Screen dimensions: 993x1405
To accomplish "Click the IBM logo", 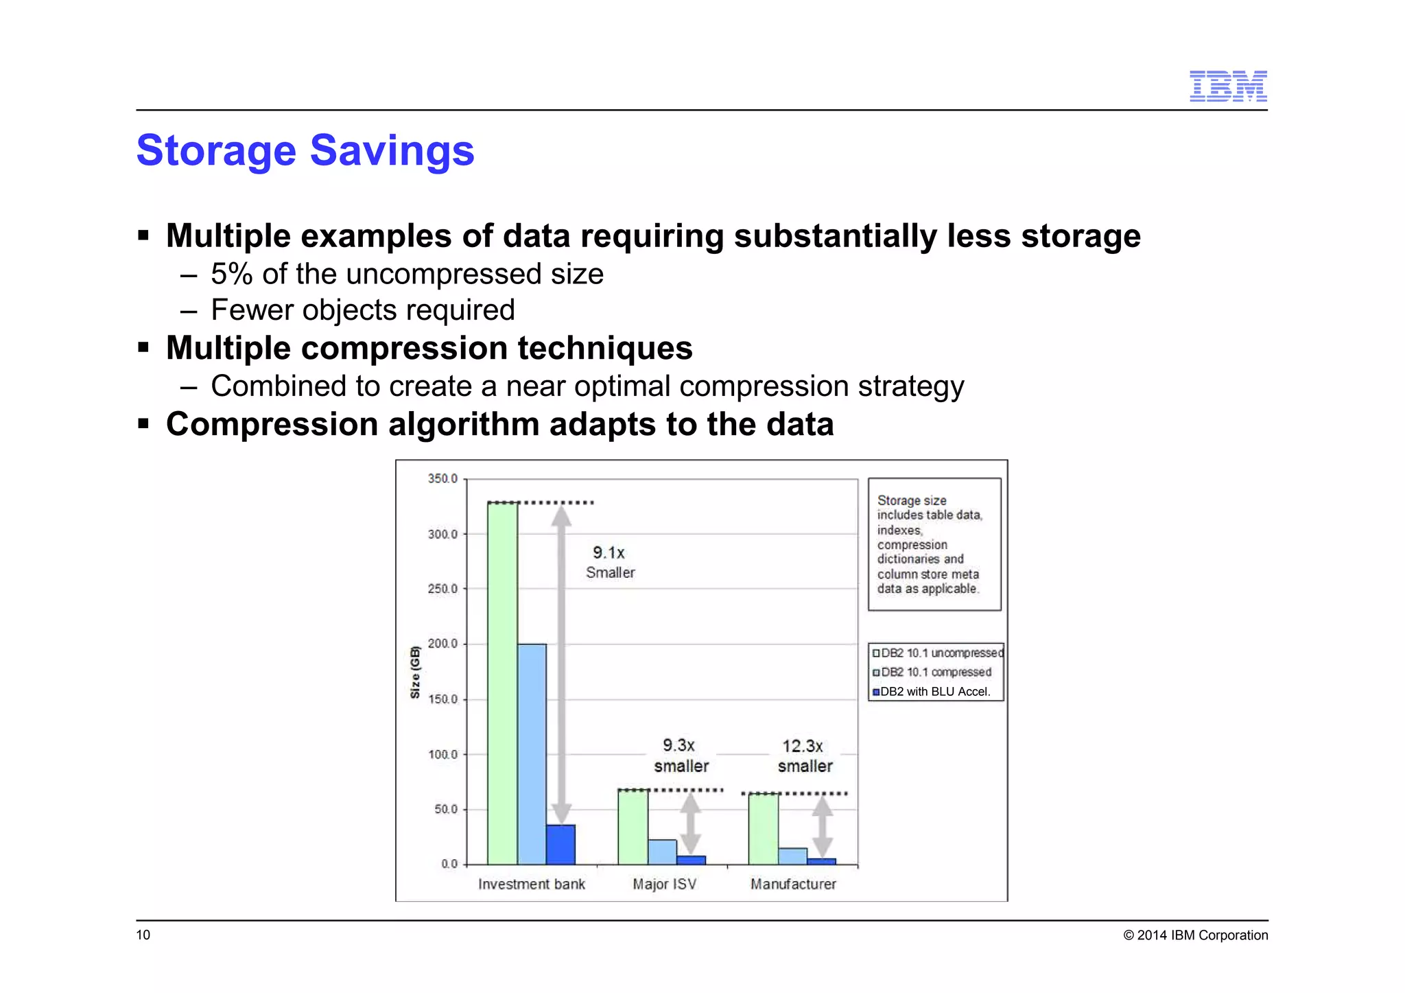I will click(1227, 86).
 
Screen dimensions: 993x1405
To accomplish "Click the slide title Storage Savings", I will click(305, 150).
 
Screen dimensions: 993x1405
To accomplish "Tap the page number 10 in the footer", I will click(143, 935).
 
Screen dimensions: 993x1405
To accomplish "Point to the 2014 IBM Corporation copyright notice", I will click(1195, 935).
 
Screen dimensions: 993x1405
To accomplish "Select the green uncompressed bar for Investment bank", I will click(502, 683).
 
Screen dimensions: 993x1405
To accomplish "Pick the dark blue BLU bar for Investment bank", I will click(560, 844).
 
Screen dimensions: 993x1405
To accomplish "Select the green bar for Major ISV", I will click(633, 827).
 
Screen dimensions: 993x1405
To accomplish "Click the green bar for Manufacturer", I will click(763, 828).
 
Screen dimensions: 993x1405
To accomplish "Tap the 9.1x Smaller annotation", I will click(610, 562).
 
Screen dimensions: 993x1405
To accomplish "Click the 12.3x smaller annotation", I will click(804, 756).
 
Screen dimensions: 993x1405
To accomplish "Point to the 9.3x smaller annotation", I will click(681, 755).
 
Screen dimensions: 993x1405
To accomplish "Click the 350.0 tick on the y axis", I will click(442, 478).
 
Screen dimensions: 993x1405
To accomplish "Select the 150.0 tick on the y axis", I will click(442, 699).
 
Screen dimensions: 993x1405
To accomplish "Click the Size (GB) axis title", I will click(414, 672).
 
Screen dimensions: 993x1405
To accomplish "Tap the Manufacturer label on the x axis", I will click(793, 884).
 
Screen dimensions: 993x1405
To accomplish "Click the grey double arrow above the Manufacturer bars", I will click(822, 827).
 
